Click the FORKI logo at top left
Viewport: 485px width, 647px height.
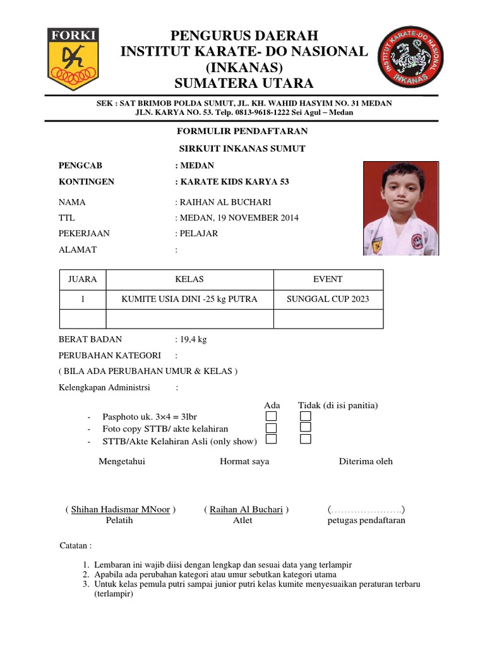tap(73, 57)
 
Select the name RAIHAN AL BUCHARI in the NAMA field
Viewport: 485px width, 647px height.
tap(225, 202)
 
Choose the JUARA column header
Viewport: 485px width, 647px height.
tap(82, 279)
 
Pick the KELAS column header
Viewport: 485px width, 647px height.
tap(189, 279)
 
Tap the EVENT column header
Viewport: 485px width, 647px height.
tap(328, 279)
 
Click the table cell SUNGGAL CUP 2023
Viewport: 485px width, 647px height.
tap(328, 299)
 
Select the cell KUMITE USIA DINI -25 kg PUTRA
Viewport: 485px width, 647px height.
tap(189, 299)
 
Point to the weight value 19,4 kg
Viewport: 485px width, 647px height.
tap(193, 339)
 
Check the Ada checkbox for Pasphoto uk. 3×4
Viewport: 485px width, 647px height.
tap(271, 416)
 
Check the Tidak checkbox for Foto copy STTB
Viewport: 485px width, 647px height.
tap(306, 428)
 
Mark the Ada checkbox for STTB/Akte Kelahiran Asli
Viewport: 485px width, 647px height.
tap(271, 439)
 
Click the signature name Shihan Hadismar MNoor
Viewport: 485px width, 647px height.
tap(121, 509)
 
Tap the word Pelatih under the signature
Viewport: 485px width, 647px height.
tap(120, 521)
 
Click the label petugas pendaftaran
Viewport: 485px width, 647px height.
tap(366, 521)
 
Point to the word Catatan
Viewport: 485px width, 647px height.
tap(74, 545)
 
